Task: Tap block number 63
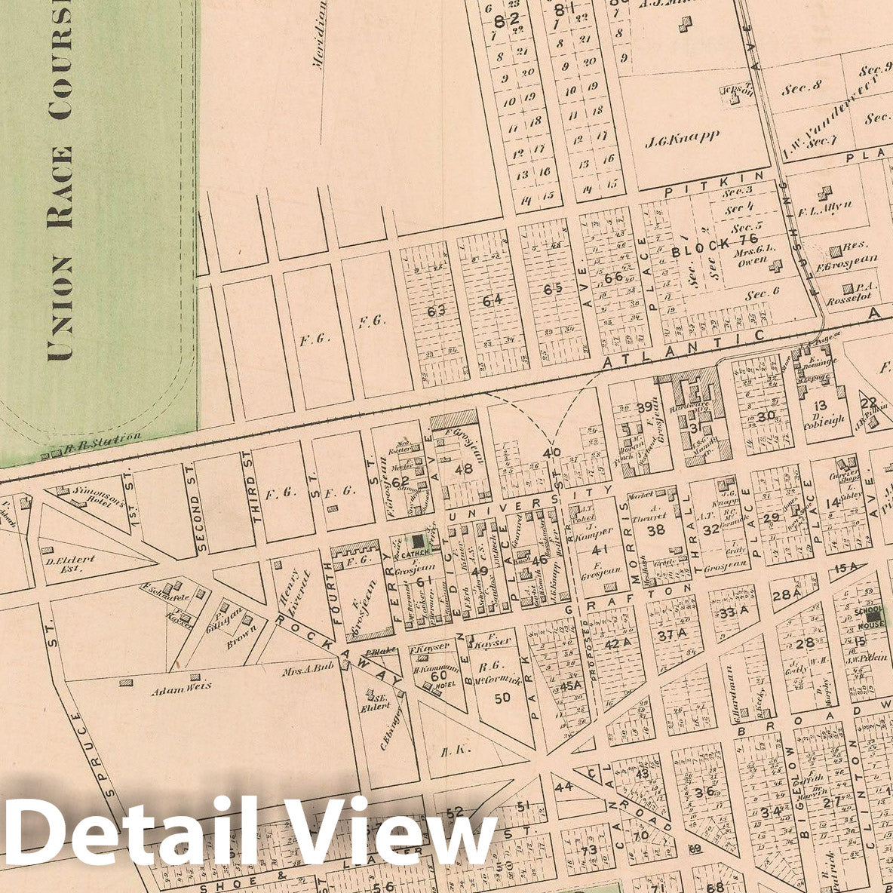pyautogui.click(x=436, y=309)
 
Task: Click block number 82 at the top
pyautogui.click(x=513, y=20)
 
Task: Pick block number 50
pyautogui.click(x=502, y=697)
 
